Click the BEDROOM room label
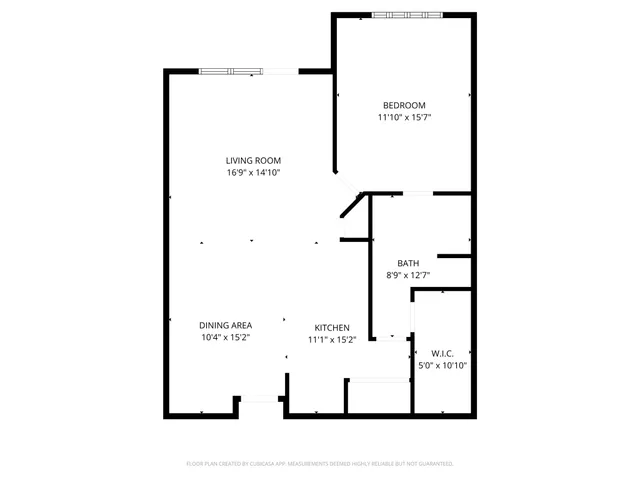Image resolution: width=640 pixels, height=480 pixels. pyautogui.click(x=404, y=105)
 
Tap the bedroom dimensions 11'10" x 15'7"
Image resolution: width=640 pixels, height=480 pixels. pyautogui.click(x=404, y=117)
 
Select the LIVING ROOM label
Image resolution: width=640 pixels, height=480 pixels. pyautogui.click(x=253, y=160)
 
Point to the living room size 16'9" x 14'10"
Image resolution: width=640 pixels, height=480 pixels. pyautogui.click(x=253, y=172)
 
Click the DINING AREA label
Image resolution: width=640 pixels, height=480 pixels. pyautogui.click(x=225, y=325)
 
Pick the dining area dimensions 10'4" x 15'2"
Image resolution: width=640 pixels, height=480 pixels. pyautogui.click(x=225, y=337)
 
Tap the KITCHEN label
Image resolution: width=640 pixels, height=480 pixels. pyautogui.click(x=331, y=328)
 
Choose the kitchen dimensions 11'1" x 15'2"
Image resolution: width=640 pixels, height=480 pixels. pyautogui.click(x=331, y=340)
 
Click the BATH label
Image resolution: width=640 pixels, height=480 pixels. pyautogui.click(x=408, y=264)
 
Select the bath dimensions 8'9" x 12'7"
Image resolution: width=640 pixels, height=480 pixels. pyautogui.click(x=408, y=275)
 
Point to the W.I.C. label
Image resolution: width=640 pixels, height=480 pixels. pyautogui.click(x=442, y=354)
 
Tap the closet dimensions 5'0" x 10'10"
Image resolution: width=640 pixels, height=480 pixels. pyautogui.click(x=442, y=366)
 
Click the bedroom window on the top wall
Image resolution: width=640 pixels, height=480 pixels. pyautogui.click(x=408, y=15)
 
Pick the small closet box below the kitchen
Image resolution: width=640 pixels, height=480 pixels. pyautogui.click(x=377, y=396)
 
